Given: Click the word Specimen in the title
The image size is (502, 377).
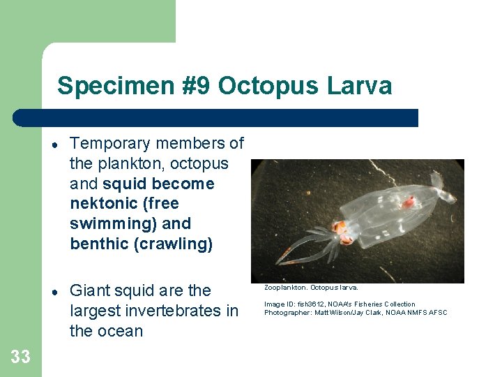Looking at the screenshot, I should click(102, 87).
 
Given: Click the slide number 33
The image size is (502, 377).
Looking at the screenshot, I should click(20, 357).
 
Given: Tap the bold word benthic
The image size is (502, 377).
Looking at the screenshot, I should click(99, 244).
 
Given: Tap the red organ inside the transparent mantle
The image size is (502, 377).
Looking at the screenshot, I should click(410, 202).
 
